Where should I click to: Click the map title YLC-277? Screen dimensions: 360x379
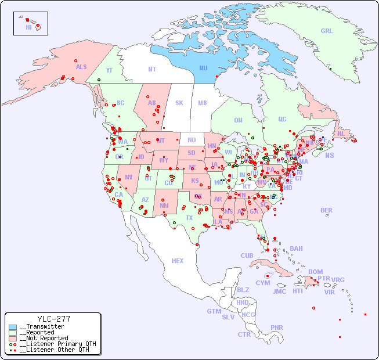click(53, 319)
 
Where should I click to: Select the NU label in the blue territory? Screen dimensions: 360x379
click(203, 68)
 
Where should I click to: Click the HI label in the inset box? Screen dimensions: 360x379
click(28, 27)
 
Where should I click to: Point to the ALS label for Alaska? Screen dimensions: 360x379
click(81, 67)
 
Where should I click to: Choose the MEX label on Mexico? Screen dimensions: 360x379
click(178, 261)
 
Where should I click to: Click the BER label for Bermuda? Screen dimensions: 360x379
click(327, 210)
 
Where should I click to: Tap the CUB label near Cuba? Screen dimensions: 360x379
click(247, 255)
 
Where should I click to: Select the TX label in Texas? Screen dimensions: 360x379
click(189, 218)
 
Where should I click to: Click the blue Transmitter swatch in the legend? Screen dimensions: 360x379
click(13, 327)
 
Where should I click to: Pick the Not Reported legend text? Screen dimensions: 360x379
click(44, 338)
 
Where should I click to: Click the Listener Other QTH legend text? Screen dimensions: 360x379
click(55, 350)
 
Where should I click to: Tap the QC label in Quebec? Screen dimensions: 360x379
click(282, 119)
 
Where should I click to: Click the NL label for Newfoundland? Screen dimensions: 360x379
click(341, 133)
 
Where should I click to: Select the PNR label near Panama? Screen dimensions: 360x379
click(277, 327)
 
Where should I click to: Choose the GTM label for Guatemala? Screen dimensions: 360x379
click(214, 311)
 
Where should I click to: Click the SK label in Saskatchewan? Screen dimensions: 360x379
click(179, 103)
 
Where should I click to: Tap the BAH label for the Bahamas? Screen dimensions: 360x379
click(296, 249)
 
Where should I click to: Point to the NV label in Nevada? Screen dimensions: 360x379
click(128, 177)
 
